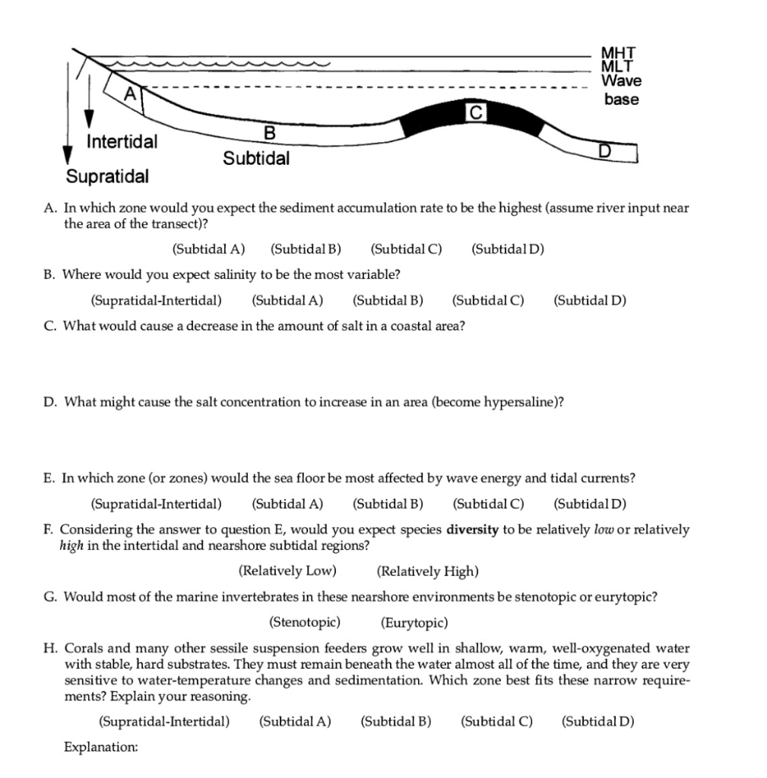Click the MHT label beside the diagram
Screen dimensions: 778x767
pos(617,53)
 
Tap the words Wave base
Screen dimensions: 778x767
pos(621,90)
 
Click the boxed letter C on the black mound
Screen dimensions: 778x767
pos(475,112)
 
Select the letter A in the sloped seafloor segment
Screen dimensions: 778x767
pos(131,93)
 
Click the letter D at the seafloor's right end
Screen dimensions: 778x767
pos(604,151)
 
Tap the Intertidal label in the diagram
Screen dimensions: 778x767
pos(122,142)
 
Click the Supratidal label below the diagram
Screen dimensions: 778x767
pos(107,177)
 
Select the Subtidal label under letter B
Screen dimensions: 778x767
pos(256,159)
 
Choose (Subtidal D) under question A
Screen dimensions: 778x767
pos(508,248)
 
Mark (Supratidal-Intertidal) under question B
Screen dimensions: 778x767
pos(157,299)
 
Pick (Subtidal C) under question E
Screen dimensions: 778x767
pos(488,503)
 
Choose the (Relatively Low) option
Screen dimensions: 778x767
pos(287,571)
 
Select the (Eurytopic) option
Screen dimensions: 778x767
pos(414,623)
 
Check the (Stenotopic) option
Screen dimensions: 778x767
pos(305,623)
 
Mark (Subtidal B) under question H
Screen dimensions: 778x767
pos(395,721)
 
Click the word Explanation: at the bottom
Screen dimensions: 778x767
pos(101,748)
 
